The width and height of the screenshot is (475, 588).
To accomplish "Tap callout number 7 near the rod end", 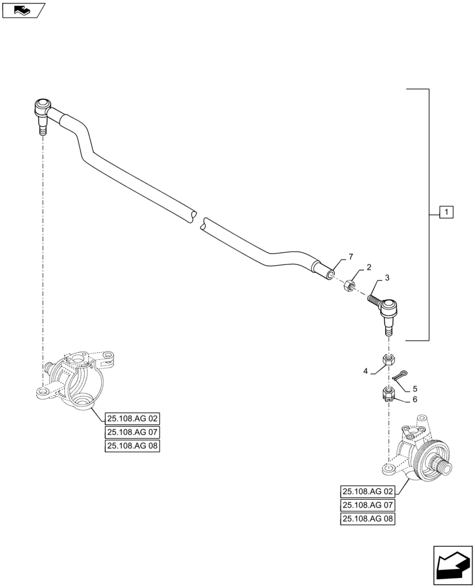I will (350, 257).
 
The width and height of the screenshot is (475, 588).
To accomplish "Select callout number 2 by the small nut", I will (369, 268).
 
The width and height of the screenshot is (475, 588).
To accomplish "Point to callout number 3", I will (387, 277).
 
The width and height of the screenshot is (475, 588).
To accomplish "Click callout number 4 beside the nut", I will (366, 371).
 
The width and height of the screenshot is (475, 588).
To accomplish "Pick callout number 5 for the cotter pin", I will (415, 389).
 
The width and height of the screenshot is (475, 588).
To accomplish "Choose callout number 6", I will (414, 399).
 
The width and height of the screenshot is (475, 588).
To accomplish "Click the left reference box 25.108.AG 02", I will (133, 419).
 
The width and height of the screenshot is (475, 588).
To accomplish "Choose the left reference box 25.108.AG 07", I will (133, 433).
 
